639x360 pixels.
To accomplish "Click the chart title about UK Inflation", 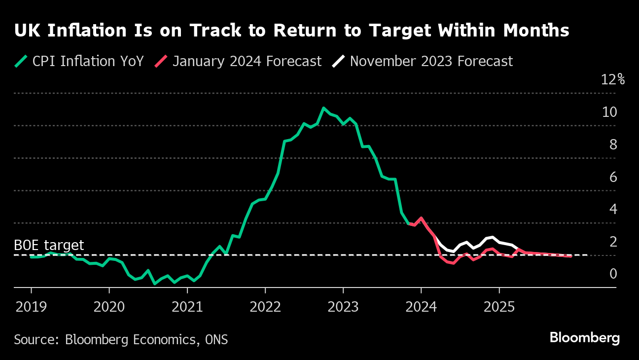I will (291, 31).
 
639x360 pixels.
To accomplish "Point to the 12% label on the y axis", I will (613, 79).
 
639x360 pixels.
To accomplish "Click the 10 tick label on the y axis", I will (609, 112).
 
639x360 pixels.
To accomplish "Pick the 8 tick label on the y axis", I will (613, 144).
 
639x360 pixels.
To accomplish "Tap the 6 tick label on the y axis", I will (613, 177).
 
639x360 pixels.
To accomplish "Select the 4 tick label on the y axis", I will (613, 209).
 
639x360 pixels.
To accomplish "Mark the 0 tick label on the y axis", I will (613, 274).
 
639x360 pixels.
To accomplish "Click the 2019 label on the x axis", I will (31, 307).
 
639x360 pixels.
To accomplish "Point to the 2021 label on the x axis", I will (187, 307).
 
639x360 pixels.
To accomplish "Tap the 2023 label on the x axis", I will (343, 307).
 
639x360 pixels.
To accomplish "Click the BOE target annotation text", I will (49, 246).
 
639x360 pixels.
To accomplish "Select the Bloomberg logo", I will (584, 338).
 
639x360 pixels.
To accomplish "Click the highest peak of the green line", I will (323, 108).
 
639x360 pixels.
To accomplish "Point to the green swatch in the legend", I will (21, 61).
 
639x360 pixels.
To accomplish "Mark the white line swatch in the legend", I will (339, 61).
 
